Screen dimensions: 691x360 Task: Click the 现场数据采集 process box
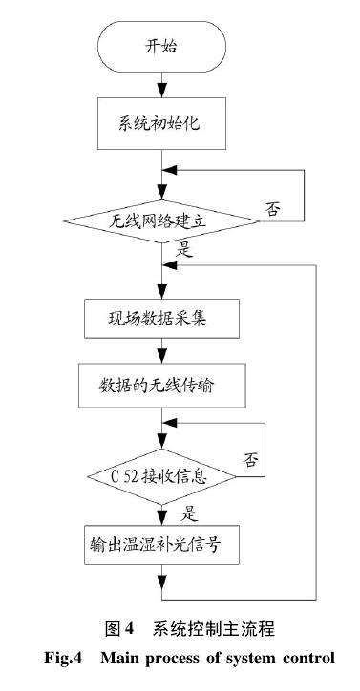[x=160, y=319]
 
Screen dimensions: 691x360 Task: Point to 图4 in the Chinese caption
[x=117, y=629]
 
